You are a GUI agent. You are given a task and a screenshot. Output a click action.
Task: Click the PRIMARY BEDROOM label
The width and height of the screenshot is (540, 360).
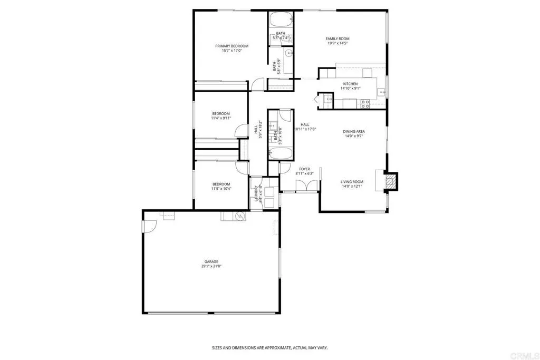tap(232, 46)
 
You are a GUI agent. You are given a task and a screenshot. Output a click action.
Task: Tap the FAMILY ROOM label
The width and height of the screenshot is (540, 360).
tap(337, 38)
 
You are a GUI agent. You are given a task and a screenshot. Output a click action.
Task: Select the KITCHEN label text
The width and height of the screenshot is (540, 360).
tap(351, 84)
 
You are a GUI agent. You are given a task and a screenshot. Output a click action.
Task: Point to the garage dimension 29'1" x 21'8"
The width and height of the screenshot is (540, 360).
tap(211, 266)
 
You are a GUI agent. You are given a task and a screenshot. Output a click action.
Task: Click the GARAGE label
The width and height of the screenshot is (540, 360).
tap(211, 261)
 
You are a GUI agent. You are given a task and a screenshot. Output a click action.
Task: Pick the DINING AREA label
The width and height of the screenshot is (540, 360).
tap(354, 131)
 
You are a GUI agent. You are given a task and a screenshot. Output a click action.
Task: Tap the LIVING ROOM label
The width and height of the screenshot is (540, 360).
tap(352, 181)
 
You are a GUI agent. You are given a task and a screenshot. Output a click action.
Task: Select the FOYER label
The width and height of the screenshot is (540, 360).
tap(304, 169)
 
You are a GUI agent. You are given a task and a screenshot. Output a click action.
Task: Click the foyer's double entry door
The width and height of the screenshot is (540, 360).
tap(306, 186)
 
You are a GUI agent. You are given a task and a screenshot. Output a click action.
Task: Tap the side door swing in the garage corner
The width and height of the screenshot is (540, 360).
tap(149, 226)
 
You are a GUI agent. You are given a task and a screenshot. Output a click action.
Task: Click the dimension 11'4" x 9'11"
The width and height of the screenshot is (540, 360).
tap(221, 118)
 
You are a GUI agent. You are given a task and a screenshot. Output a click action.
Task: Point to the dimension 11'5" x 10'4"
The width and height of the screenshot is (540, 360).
tap(221, 188)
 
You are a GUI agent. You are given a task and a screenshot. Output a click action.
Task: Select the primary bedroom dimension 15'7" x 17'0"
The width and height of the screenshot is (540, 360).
tap(232, 51)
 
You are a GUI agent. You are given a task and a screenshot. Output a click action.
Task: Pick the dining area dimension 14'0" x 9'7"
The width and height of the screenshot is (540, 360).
tap(354, 136)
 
